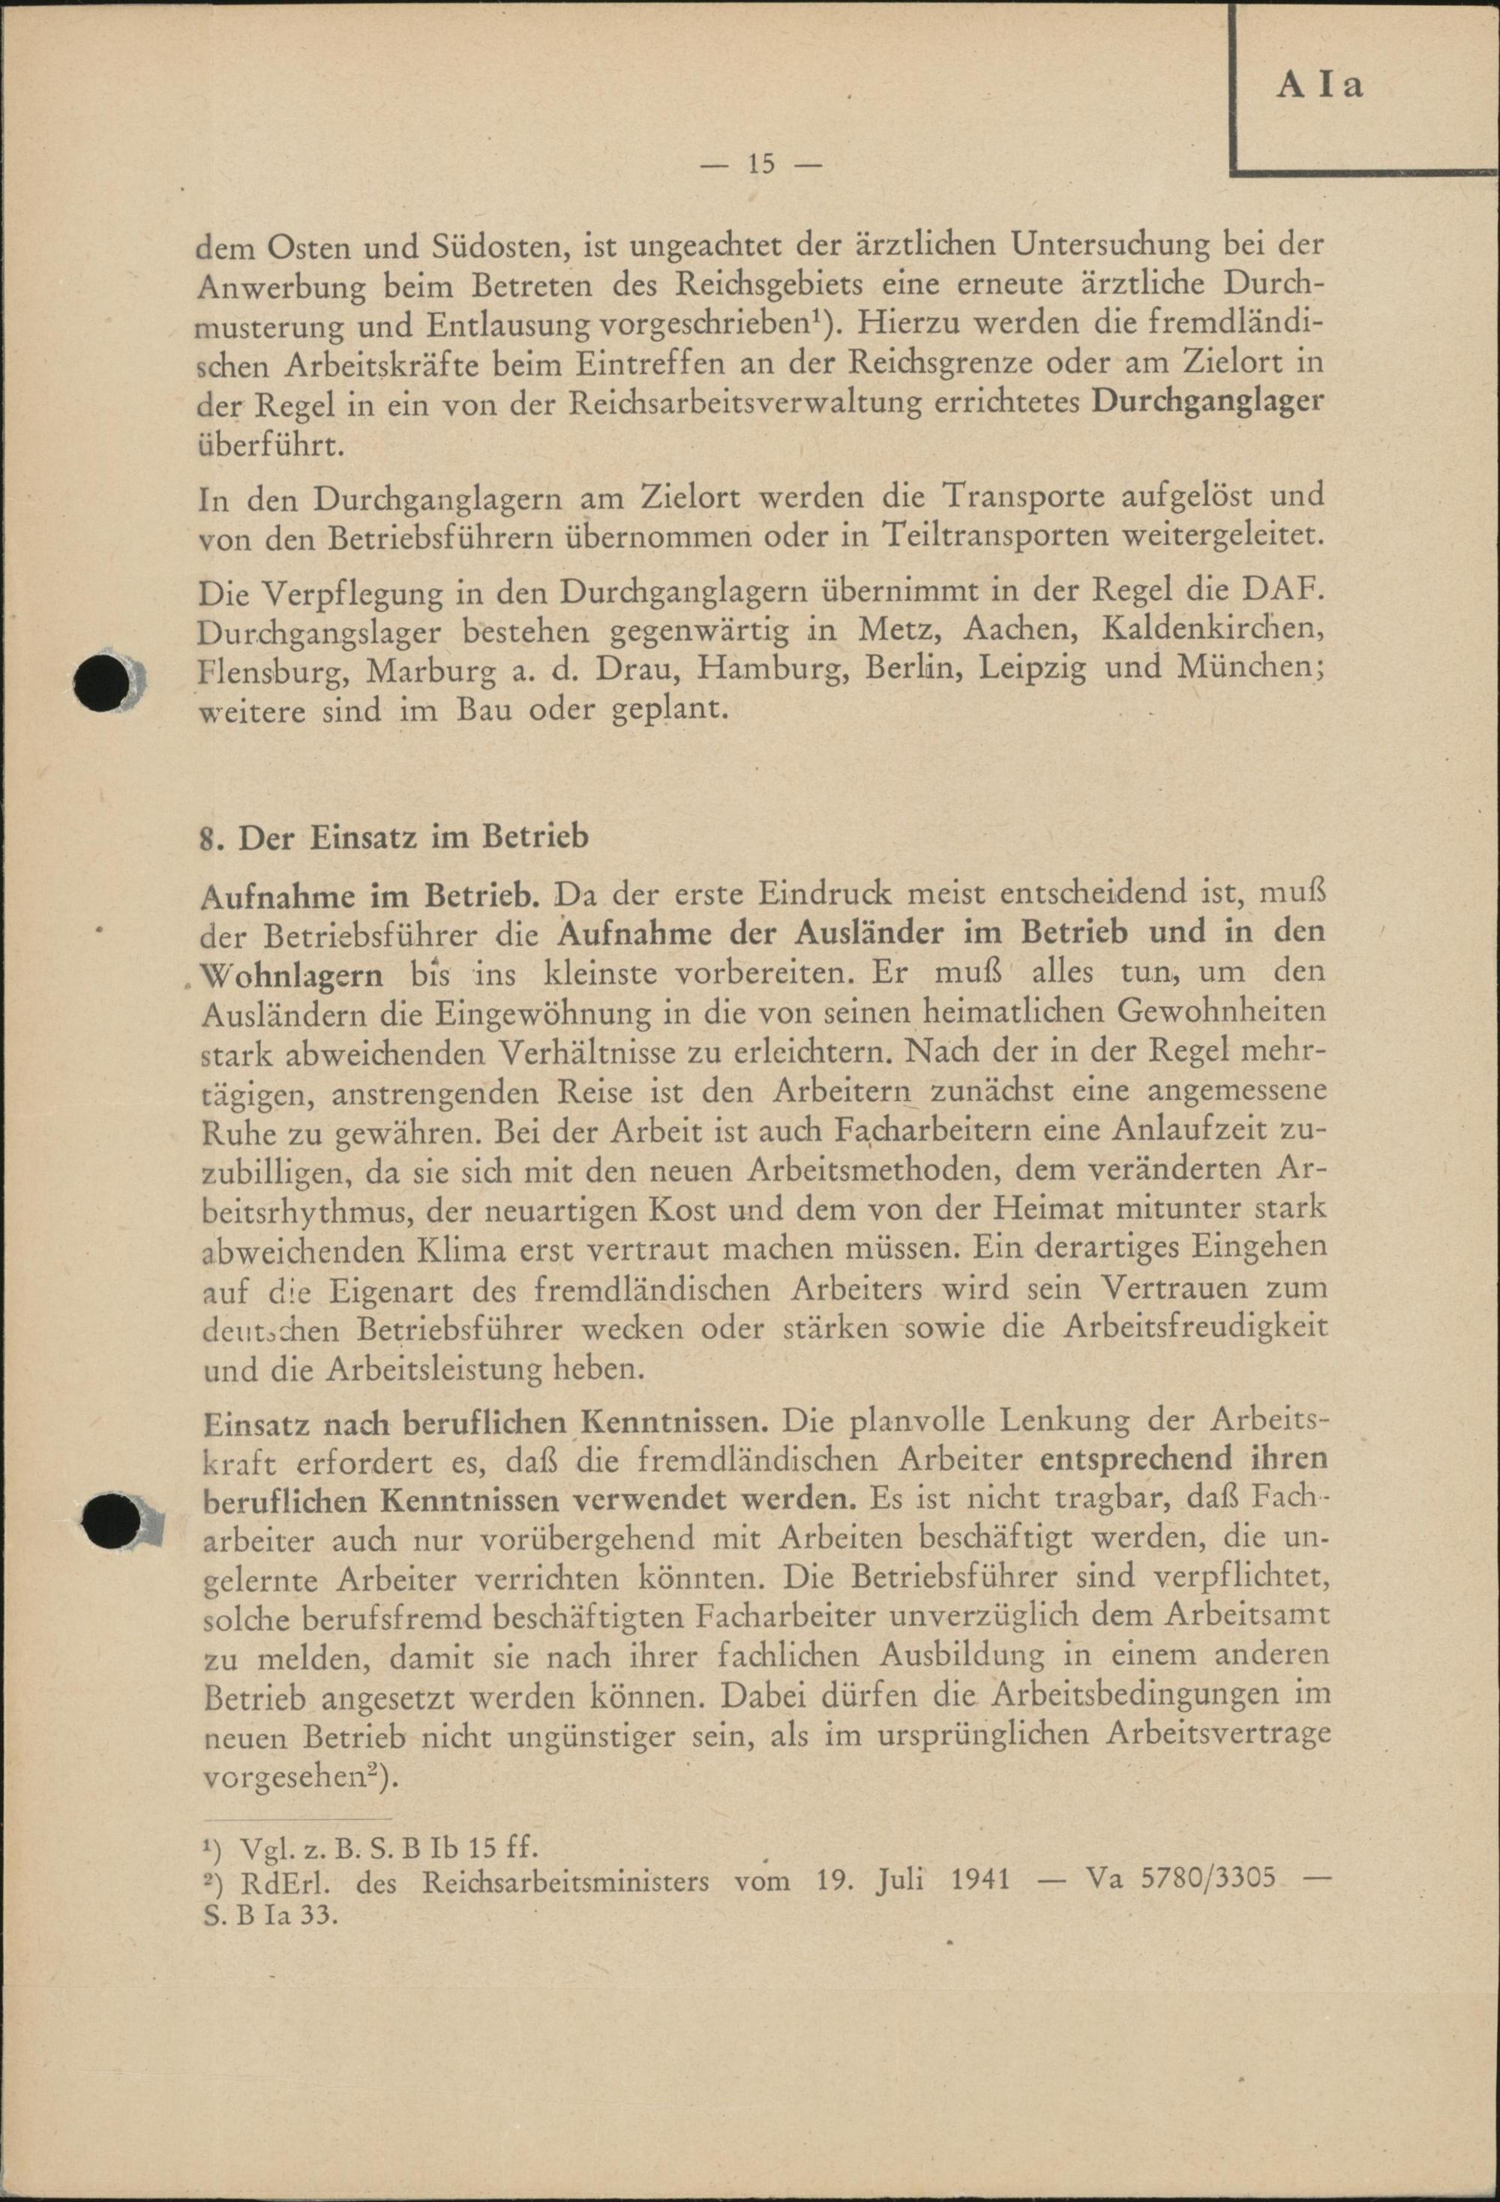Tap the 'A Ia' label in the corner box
click(1319, 84)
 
